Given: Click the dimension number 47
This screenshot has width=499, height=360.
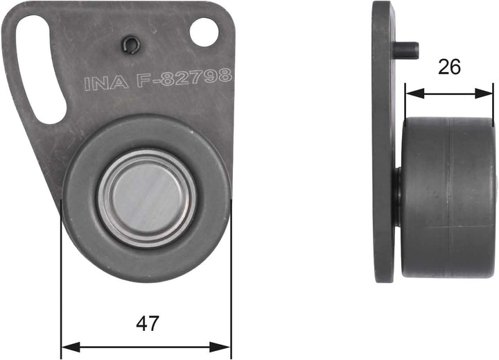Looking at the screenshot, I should (148, 323).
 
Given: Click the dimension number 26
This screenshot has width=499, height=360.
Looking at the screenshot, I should (449, 67).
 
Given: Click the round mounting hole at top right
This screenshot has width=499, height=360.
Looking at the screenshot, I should (204, 32).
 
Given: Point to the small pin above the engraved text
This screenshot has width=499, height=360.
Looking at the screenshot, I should (128, 46).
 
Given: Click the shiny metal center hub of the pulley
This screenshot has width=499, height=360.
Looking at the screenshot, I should (146, 197).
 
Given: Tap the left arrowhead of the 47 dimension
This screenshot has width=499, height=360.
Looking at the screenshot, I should (67, 345).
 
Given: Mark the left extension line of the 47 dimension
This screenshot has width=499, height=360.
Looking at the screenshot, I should (62, 277).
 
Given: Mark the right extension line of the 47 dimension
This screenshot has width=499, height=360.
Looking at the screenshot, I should (230, 277).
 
